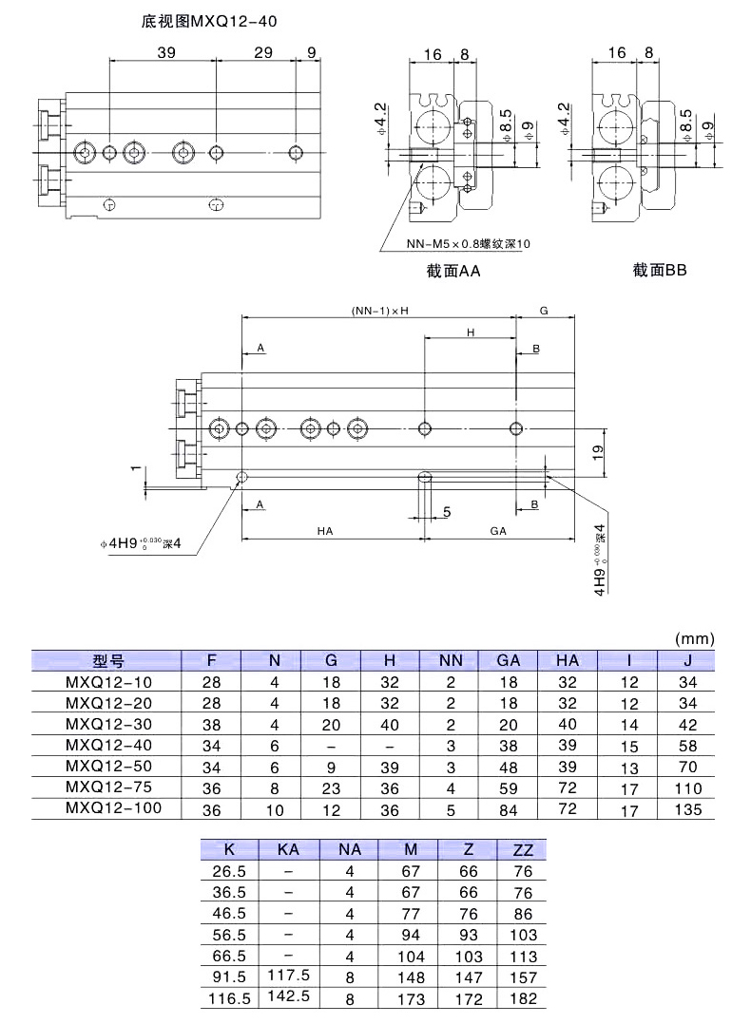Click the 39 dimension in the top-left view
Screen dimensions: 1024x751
coord(165,53)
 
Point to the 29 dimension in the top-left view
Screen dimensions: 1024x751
coord(264,53)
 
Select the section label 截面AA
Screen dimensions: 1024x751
coord(454,271)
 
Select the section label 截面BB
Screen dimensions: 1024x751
coord(660,270)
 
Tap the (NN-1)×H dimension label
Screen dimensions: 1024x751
coord(379,311)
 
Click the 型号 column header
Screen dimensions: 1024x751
coord(108,661)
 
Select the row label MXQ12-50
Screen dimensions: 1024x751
coord(108,766)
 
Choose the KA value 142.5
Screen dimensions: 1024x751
coord(288,997)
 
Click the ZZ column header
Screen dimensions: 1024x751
coord(523,850)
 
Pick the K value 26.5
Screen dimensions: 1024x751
coord(228,871)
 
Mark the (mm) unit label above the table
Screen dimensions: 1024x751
coord(693,638)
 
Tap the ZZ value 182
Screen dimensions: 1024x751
coord(523,998)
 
